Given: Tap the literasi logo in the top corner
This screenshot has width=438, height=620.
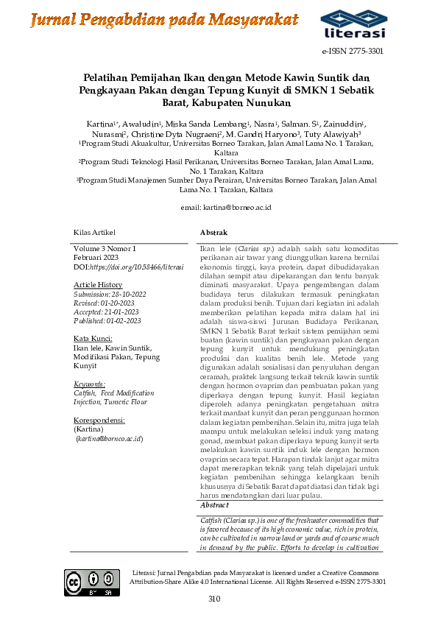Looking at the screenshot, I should click(x=353, y=24).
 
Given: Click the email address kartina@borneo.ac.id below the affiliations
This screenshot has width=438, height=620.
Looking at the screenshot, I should click(x=226, y=208).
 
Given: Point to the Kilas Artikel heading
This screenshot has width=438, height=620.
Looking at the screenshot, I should click(x=94, y=233).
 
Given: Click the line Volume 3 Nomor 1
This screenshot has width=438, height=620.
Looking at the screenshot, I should click(x=105, y=249).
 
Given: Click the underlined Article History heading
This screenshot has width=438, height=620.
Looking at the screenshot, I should click(x=98, y=284).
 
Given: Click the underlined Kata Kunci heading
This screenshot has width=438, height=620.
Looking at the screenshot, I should click(x=92, y=338).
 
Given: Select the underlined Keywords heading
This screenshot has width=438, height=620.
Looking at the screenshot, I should click(x=90, y=384).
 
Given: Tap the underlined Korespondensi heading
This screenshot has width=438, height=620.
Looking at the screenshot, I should click(x=99, y=420).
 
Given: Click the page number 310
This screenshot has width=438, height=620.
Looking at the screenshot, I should click(x=214, y=599).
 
